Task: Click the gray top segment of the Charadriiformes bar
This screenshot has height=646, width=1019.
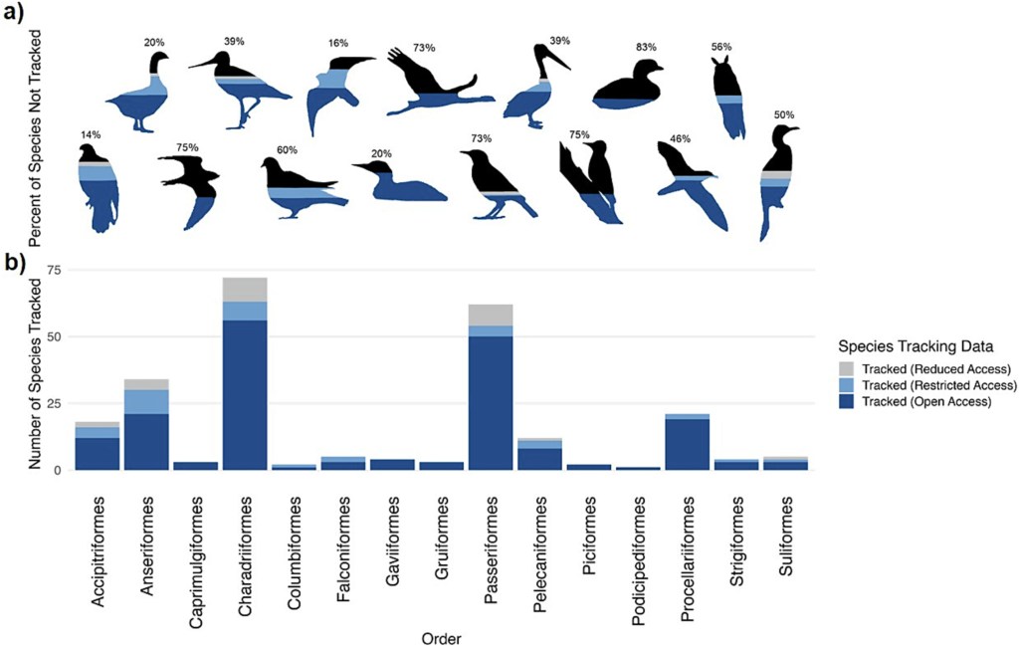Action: click(246, 289)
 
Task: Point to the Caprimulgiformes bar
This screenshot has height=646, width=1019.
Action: click(196, 465)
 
